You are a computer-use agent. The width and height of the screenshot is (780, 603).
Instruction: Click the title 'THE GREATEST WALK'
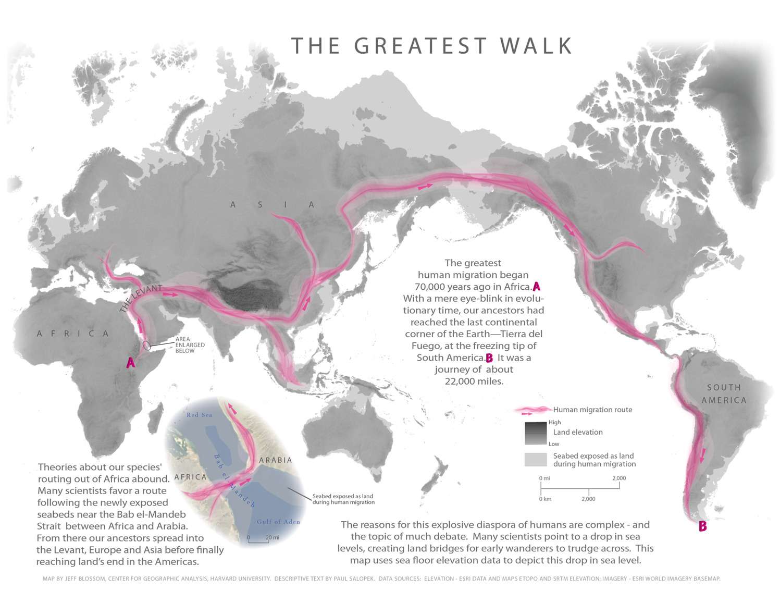tap(431, 46)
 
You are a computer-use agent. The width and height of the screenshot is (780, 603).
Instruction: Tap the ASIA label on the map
tap(273, 205)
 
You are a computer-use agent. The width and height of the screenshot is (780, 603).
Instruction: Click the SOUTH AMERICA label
tap(724, 394)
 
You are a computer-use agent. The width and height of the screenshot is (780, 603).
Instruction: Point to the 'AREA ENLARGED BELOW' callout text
tap(190, 345)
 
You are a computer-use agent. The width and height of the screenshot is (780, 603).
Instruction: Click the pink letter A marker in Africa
tap(131, 363)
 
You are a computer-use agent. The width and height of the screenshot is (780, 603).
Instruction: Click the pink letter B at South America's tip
tap(702, 526)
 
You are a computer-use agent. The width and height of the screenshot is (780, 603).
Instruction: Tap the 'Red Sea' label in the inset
tap(200, 415)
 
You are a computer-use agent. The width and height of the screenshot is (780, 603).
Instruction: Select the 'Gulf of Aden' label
tap(278, 522)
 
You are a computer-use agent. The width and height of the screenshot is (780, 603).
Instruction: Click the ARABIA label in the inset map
tap(276, 460)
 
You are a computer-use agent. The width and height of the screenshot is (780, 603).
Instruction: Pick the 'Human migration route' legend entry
tap(592, 410)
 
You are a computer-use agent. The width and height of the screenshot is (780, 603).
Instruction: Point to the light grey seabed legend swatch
tap(536, 460)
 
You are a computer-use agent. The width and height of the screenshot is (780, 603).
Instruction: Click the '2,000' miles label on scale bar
tap(618, 478)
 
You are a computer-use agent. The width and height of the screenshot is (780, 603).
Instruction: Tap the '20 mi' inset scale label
tap(273, 537)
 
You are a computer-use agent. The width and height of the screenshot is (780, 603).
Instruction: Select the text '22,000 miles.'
tap(474, 381)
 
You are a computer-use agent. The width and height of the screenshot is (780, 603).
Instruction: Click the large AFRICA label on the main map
tap(73, 334)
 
